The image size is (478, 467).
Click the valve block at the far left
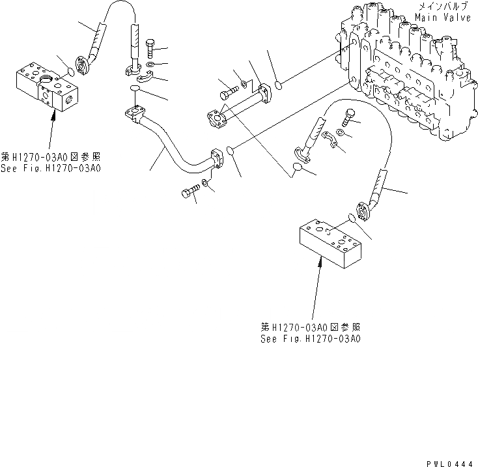coord(47,90)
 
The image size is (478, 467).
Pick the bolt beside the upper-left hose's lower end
coord(151,48)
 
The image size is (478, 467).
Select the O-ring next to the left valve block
coord(71,68)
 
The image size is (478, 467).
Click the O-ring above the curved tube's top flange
coord(134,88)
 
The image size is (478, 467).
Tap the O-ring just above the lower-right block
coord(352,218)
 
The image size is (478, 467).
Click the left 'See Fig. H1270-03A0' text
coord(53,168)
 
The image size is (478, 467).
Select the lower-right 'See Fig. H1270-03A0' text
coord(311,339)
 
